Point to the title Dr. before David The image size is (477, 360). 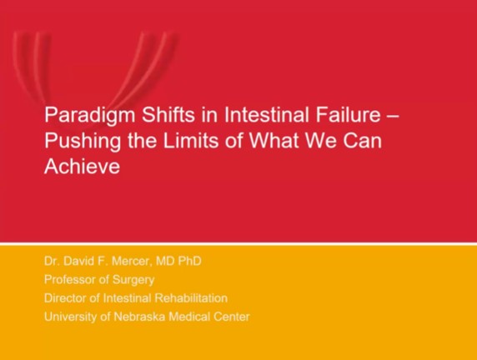coord(51,262)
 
